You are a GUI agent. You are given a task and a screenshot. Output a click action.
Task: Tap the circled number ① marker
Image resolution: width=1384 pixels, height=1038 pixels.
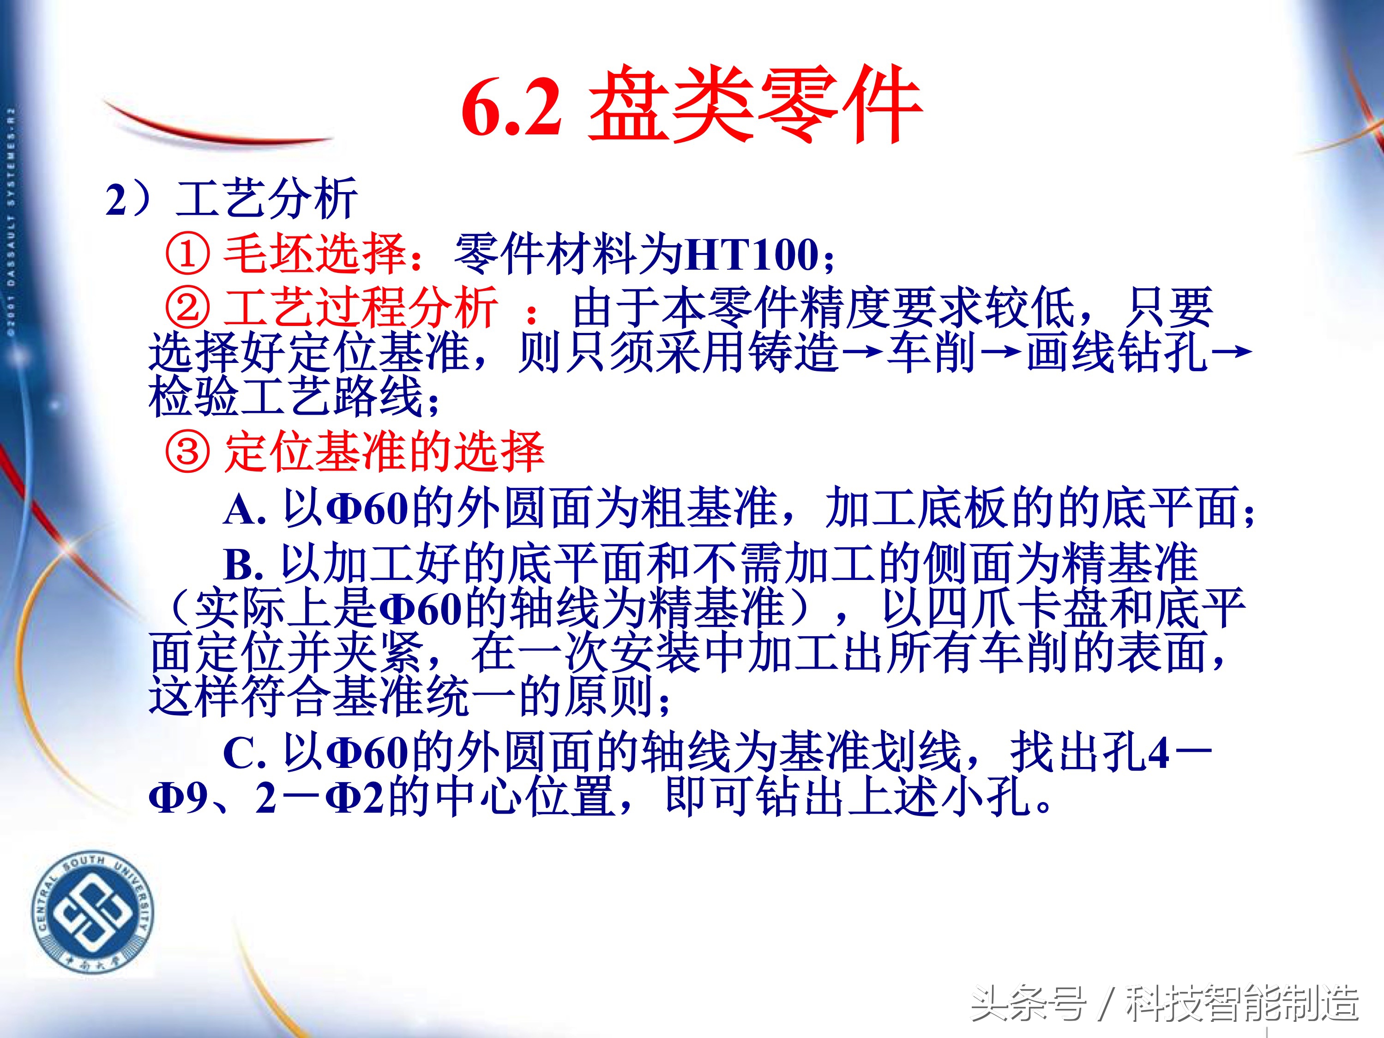click(x=187, y=254)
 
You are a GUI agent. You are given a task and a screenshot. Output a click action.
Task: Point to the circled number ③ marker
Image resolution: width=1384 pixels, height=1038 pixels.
click(x=187, y=452)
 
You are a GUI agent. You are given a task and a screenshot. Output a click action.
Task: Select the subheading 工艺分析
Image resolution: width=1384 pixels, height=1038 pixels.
click(x=266, y=199)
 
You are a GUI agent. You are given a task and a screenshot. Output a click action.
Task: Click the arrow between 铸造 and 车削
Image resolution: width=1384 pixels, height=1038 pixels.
click(x=863, y=352)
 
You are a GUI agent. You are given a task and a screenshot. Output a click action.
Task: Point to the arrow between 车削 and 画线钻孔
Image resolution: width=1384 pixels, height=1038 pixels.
click(x=1000, y=352)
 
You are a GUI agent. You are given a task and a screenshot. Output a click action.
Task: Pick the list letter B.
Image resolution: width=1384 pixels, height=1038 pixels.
click(x=241, y=564)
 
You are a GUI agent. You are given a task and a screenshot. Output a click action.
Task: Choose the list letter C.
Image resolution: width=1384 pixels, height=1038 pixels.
click(x=241, y=753)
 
